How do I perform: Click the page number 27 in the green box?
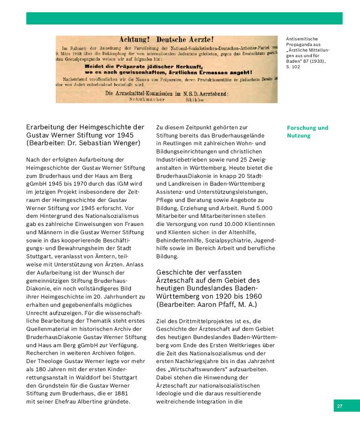(340, 406)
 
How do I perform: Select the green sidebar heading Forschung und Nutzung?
(307, 131)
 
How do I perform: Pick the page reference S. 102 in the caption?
(293, 67)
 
